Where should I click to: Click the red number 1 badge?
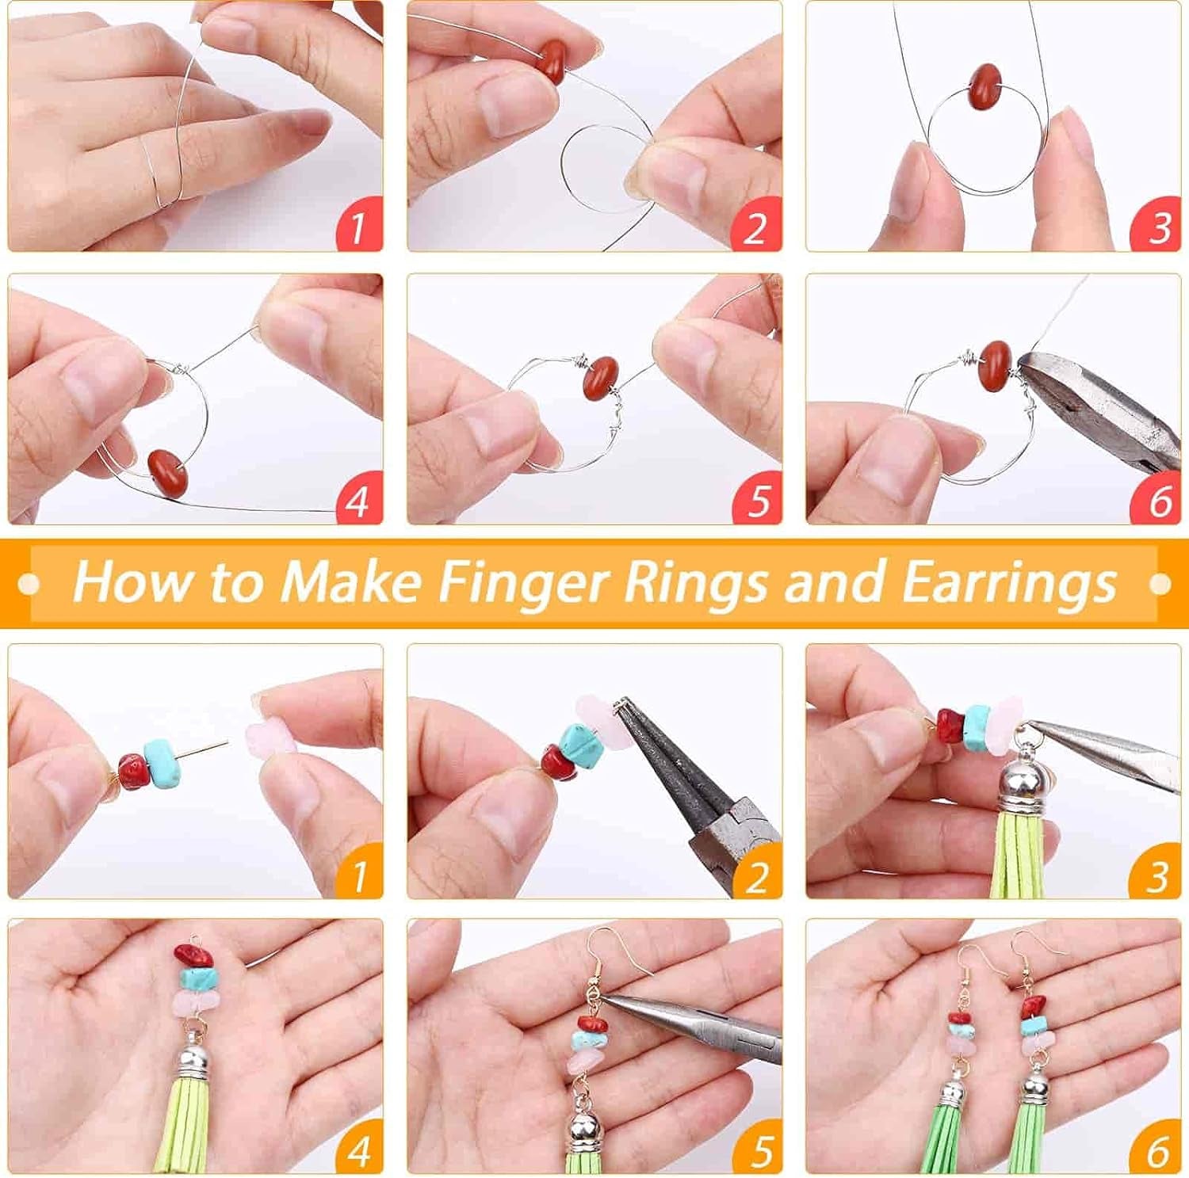[358, 227]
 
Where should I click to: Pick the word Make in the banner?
[350, 582]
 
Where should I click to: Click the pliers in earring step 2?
[690, 784]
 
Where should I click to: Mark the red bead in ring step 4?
[169, 472]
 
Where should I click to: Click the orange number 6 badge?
[1157, 1149]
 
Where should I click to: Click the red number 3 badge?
[1157, 227]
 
